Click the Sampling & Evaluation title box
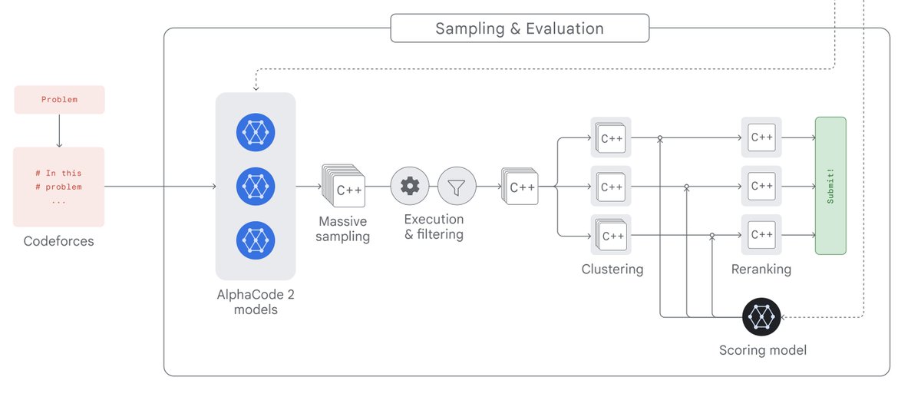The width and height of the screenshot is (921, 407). [520, 28]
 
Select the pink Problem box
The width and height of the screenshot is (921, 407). [59, 100]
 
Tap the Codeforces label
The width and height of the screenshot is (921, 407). [59, 240]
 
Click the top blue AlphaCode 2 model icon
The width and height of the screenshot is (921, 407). [256, 132]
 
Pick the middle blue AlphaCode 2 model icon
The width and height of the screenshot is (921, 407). [256, 186]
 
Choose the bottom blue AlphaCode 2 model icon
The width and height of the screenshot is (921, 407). [256, 240]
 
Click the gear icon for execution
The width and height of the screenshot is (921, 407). [410, 186]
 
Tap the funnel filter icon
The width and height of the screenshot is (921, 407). [457, 186]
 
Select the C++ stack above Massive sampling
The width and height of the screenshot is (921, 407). [343, 186]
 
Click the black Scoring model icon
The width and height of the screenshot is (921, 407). [761, 317]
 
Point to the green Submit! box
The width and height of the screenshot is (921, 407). [830, 186]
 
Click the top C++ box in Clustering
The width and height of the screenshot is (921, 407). [611, 137]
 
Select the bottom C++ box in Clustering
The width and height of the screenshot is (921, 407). [611, 235]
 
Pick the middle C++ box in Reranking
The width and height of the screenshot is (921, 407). [761, 186]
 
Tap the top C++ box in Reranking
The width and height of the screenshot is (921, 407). [761, 137]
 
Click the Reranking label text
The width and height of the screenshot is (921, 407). [761, 269]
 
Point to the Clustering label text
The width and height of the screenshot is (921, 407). [612, 269]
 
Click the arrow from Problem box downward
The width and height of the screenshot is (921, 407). [59, 131]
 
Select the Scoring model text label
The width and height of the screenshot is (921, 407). [763, 350]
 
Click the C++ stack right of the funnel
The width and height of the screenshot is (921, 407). [520, 186]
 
